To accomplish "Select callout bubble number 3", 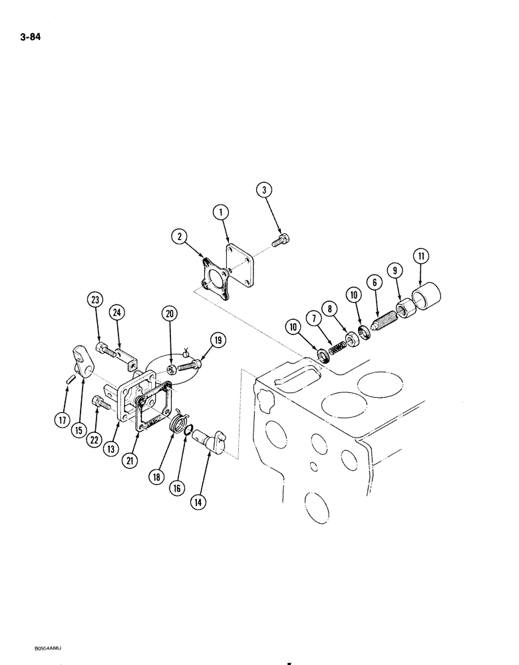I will point(265,192).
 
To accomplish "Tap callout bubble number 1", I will point(221,212).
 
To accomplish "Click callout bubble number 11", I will point(421,256).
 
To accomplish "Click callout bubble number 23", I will point(96,300).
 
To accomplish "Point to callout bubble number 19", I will point(216,341).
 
